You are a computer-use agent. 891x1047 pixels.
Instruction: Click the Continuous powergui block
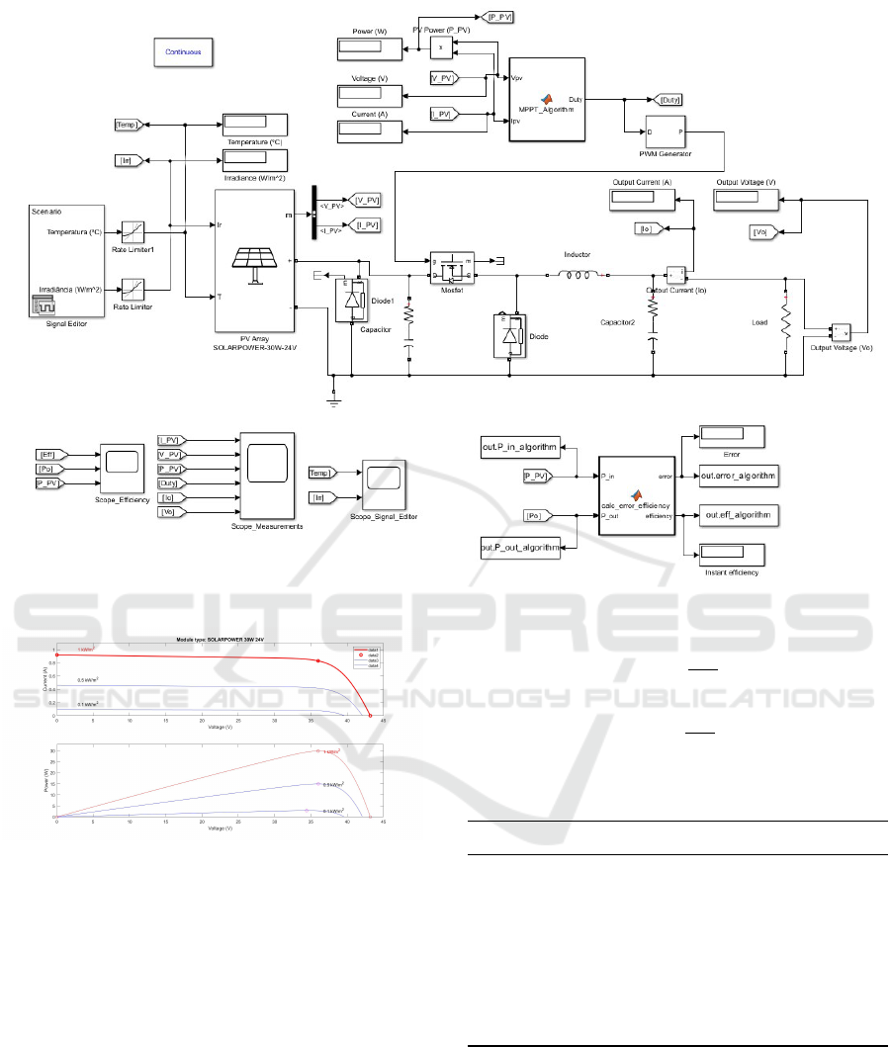183,52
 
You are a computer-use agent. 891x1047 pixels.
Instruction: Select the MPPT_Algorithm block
546,99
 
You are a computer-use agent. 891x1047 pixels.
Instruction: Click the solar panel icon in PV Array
255,259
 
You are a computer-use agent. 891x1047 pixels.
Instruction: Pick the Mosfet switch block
452,265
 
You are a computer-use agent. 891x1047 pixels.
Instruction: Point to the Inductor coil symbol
577,275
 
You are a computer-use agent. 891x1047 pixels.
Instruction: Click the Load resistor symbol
787,324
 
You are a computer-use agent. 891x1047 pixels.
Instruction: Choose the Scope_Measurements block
265,476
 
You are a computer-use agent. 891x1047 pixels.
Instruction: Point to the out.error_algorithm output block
737,476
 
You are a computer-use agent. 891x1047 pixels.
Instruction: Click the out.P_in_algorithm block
513,448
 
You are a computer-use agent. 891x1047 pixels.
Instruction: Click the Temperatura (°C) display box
254,125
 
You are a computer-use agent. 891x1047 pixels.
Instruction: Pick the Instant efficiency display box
732,555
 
